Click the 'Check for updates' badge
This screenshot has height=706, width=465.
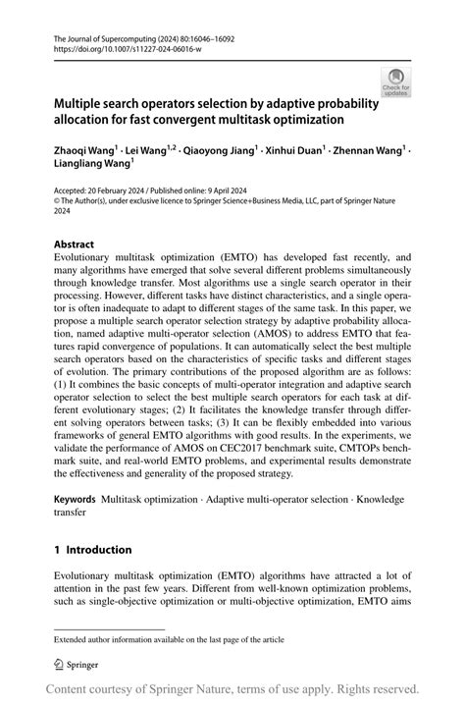pyautogui.click(x=396, y=81)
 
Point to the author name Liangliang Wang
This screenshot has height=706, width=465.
pyautogui.click(x=91, y=165)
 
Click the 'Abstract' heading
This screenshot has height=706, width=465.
pyautogui.click(x=75, y=244)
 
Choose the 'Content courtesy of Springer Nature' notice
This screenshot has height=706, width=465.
pyautogui.click(x=232, y=688)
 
